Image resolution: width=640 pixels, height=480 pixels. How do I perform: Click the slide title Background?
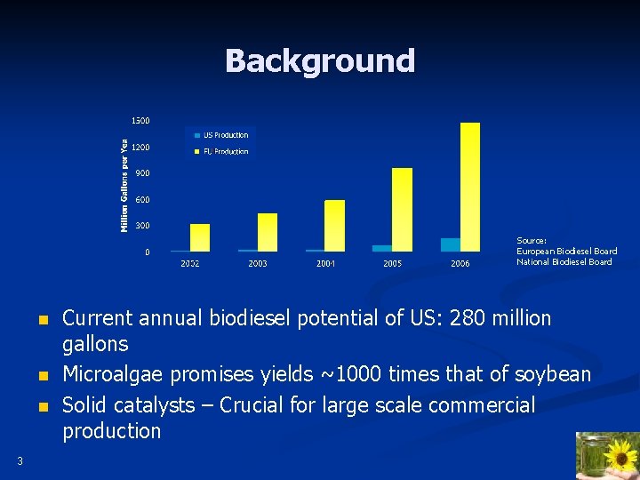point(320,61)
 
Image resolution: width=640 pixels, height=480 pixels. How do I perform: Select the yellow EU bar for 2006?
point(470,187)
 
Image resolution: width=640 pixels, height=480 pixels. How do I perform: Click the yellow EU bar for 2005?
point(403,210)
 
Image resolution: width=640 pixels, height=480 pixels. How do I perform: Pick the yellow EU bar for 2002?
point(200,237)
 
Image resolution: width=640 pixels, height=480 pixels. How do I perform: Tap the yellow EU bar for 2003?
point(268,232)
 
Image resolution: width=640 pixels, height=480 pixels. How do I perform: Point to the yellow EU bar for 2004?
point(335,226)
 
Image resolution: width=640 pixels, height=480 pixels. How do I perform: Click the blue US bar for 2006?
point(451,244)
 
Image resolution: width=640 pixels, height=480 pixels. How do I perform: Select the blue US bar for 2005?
point(382,248)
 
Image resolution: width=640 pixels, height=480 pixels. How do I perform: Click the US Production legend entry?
point(225,135)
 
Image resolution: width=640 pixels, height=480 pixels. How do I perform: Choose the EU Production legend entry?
point(225,152)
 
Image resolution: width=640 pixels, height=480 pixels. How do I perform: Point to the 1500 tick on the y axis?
point(140,120)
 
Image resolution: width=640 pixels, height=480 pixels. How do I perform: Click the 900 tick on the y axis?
point(142,173)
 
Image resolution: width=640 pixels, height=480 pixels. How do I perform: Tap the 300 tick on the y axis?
point(142,226)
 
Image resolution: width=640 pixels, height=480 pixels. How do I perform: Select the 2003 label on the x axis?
point(258,264)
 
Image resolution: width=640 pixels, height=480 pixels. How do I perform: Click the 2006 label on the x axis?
point(460,264)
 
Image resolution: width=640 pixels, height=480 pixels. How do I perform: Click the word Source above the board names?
point(532,240)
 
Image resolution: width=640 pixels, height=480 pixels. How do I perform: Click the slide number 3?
point(20,460)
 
